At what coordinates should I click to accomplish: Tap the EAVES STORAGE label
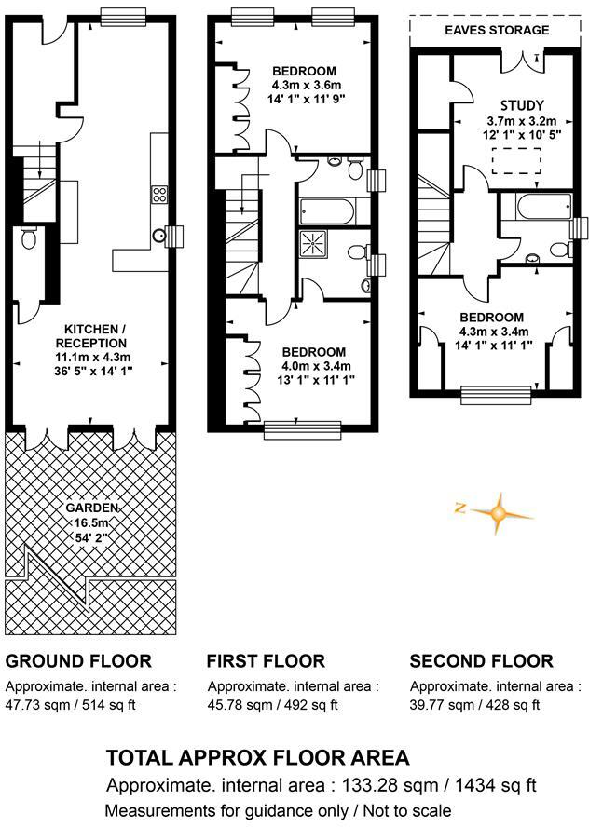[496, 30]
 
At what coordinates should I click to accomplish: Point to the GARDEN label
[91, 508]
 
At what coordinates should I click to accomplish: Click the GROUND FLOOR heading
[78, 661]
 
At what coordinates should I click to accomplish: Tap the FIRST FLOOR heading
[266, 661]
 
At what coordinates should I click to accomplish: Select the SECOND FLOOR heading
[481, 661]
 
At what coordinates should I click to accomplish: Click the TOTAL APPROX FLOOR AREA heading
[257, 757]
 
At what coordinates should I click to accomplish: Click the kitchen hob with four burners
[158, 195]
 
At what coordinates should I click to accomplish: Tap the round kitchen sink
[159, 235]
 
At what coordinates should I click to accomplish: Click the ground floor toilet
[28, 239]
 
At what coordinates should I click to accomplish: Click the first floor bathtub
[326, 210]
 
